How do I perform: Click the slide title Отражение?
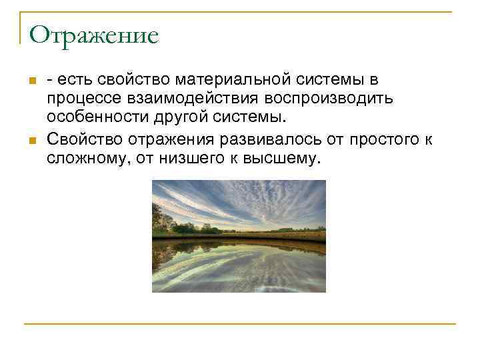(x=93, y=35)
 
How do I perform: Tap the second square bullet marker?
(x=31, y=141)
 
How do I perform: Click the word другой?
(x=185, y=119)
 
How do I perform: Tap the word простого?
(x=378, y=139)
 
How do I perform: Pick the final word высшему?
(x=288, y=158)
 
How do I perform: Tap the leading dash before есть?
(x=50, y=81)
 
